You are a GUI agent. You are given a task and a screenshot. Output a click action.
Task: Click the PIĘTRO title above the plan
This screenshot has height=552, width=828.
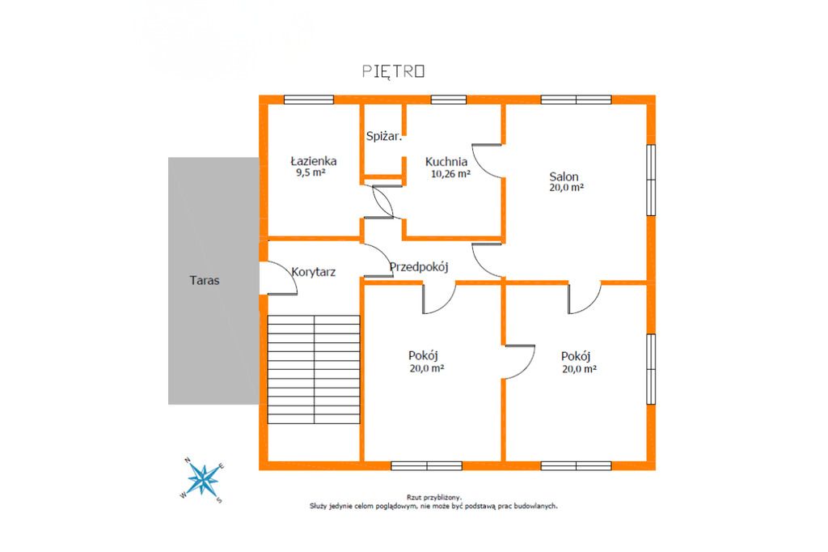[394, 71]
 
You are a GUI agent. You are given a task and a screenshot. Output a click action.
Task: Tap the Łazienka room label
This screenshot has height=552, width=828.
[314, 161]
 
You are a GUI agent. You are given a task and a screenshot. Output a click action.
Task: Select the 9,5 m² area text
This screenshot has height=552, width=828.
[310, 172]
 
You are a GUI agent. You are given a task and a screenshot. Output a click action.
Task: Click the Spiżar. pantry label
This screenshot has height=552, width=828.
[384, 137]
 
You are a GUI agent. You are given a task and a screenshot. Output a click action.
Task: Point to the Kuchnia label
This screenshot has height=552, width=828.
[446, 162]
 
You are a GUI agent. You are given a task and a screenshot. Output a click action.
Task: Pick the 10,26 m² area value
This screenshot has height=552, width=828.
[450, 173]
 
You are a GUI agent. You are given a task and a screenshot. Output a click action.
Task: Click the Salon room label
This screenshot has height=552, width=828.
[564, 176]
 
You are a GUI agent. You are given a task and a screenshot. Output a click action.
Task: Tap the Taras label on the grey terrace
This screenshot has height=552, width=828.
[205, 280]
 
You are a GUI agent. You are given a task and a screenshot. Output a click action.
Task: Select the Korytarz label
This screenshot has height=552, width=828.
[314, 272]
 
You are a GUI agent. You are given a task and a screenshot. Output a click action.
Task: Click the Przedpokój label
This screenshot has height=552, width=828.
[419, 267]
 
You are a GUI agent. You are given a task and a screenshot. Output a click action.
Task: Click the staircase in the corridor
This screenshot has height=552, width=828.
[314, 370]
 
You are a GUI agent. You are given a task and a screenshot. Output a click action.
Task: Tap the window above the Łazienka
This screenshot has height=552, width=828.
[309, 100]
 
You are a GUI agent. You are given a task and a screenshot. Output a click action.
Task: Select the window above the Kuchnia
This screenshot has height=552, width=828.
[448, 100]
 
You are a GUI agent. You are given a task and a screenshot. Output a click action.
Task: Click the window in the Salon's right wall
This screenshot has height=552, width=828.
[651, 180]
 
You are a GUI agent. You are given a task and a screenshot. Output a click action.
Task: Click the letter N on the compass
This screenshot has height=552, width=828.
[188, 461]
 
